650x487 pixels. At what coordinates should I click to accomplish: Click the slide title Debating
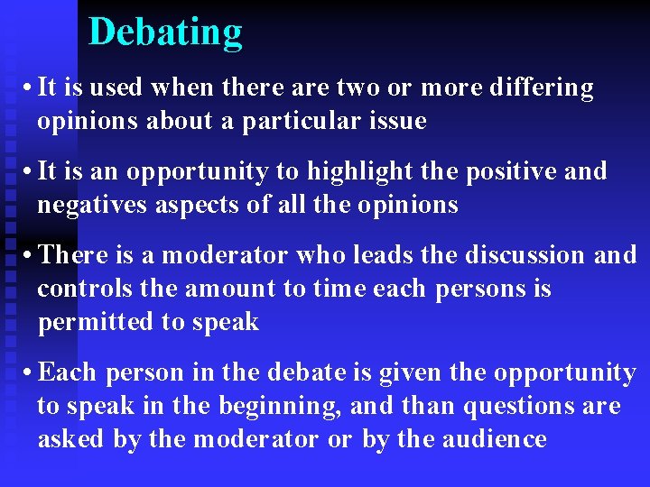click(166, 32)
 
